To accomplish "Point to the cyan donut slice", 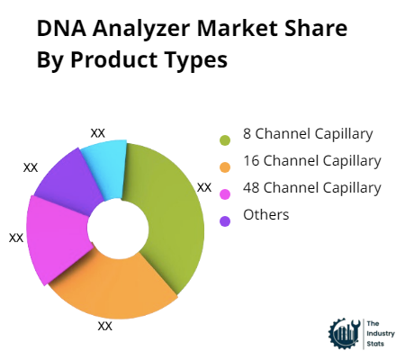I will tap(106, 163).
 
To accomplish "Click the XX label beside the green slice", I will tap(204, 187).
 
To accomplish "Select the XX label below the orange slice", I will tap(105, 326).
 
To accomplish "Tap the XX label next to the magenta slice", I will tap(16, 238).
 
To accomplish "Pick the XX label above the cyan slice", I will tap(97, 132).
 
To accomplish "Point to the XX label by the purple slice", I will tap(31, 167).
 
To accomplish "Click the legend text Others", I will tap(265, 215).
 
